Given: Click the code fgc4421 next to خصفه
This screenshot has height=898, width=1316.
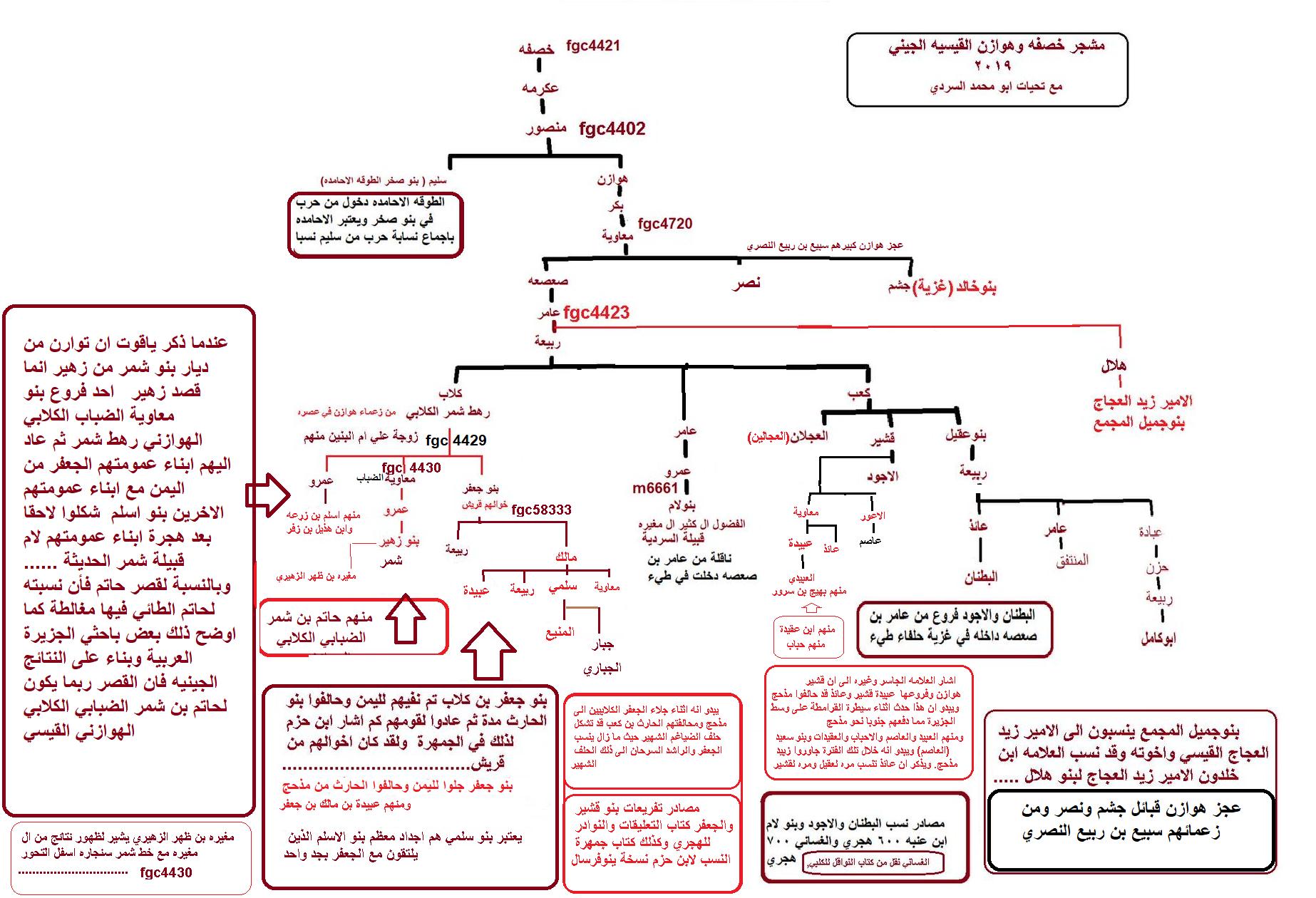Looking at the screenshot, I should [592, 46].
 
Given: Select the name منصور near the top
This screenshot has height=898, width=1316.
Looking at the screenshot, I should [546, 128].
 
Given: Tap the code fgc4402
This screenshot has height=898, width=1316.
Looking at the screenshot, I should [612, 129].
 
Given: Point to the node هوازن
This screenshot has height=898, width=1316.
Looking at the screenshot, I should [612, 178].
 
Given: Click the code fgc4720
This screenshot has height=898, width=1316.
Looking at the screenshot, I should [664, 224].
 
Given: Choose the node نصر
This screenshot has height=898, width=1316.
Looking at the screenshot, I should [746, 284].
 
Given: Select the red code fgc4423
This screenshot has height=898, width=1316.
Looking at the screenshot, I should [596, 313].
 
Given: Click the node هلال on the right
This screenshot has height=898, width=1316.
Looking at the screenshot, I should [1113, 366].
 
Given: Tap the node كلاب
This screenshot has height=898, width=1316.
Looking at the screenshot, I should [450, 393].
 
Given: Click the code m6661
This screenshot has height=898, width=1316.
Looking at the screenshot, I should [655, 488].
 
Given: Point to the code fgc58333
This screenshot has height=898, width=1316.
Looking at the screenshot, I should [541, 510].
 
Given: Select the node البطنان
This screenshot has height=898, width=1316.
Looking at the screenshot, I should [980, 577].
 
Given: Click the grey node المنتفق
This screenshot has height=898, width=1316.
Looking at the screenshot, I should [1071, 560].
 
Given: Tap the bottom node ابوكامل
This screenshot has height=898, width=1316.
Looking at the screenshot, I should [1158, 639].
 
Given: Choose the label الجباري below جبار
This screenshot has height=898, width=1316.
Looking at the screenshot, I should [602, 668].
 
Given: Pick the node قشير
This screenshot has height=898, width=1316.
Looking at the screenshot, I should [883, 440].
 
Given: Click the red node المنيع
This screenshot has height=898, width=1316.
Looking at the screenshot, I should [560, 632].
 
